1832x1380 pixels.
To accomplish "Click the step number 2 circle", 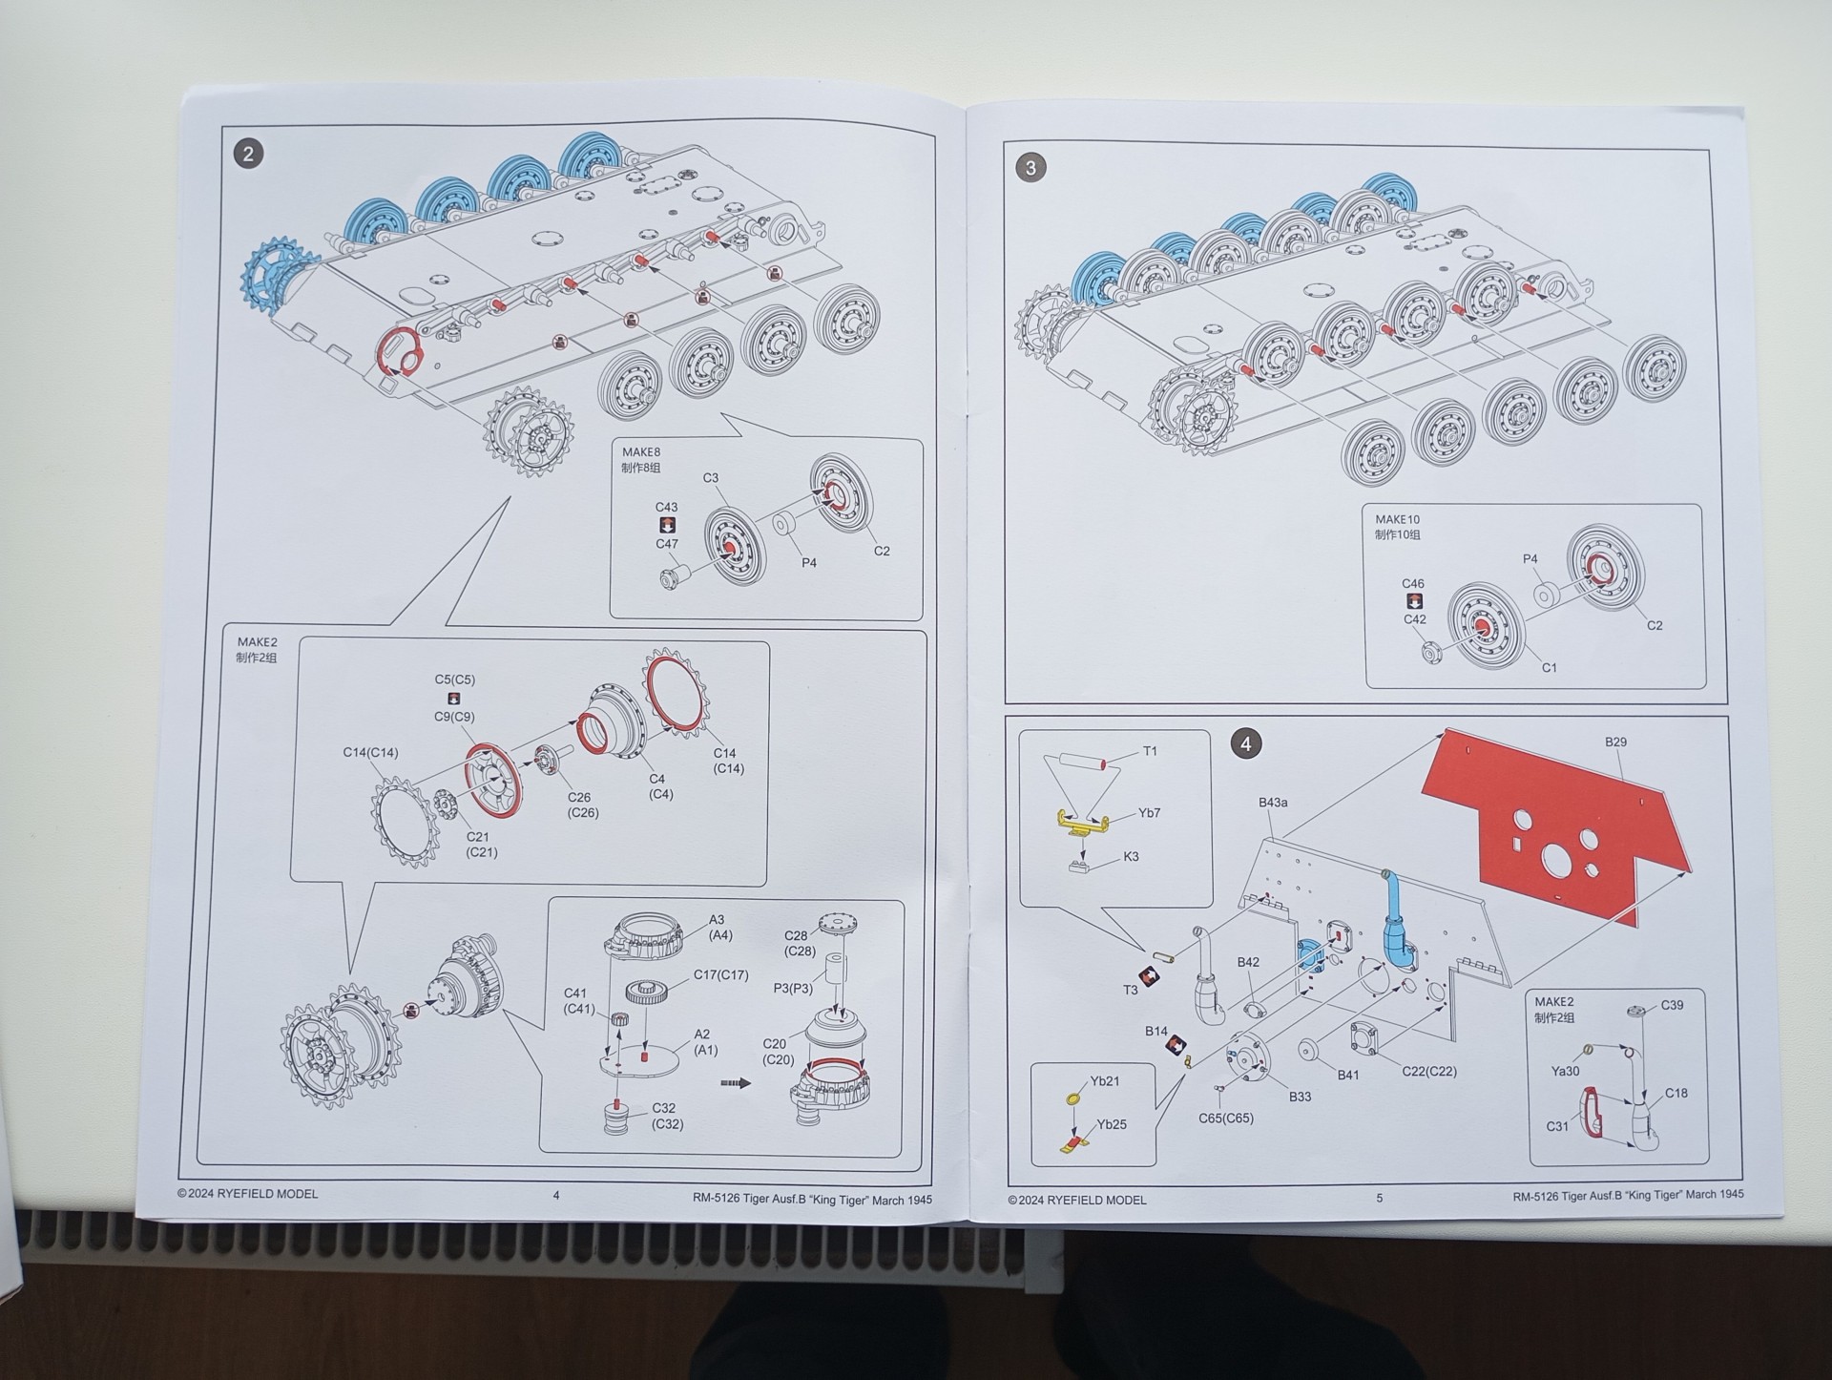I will (x=249, y=155).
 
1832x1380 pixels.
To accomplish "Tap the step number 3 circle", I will (x=1030, y=168).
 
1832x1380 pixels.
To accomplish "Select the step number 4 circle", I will (x=1245, y=743).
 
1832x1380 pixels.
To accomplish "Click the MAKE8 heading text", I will (x=641, y=452).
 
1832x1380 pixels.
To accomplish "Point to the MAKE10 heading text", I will (x=1397, y=520).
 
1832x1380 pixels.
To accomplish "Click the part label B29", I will (x=1615, y=742).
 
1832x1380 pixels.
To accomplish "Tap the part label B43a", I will (x=1273, y=803).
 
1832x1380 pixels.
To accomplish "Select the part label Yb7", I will (x=1149, y=813).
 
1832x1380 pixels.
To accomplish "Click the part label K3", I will (x=1131, y=856).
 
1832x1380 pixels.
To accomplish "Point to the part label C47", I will (x=667, y=544).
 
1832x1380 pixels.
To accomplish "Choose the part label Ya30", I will (x=1565, y=1072).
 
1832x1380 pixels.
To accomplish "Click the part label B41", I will (x=1347, y=1075).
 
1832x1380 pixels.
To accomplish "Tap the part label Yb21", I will (x=1105, y=1081).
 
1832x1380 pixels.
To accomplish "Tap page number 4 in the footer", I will (x=556, y=1195).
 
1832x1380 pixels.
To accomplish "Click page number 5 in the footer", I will (x=1379, y=1198).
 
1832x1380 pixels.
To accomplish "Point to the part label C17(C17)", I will (x=720, y=975).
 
